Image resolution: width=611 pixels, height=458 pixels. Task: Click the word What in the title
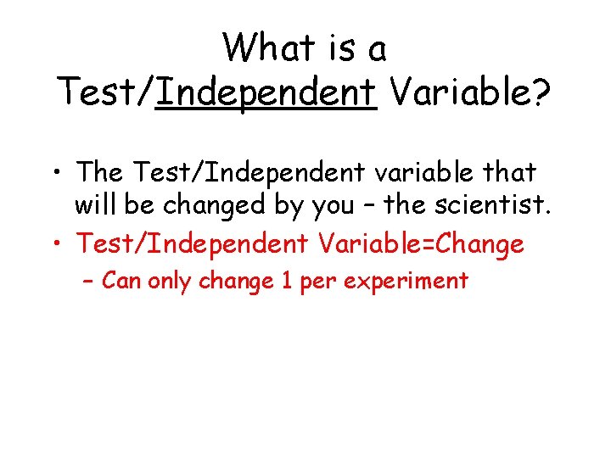coord(267,48)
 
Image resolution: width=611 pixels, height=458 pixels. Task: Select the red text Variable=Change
coord(421,245)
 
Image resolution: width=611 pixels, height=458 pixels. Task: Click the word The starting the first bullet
coord(99,172)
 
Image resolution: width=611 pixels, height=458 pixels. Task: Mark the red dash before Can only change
coord(89,281)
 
